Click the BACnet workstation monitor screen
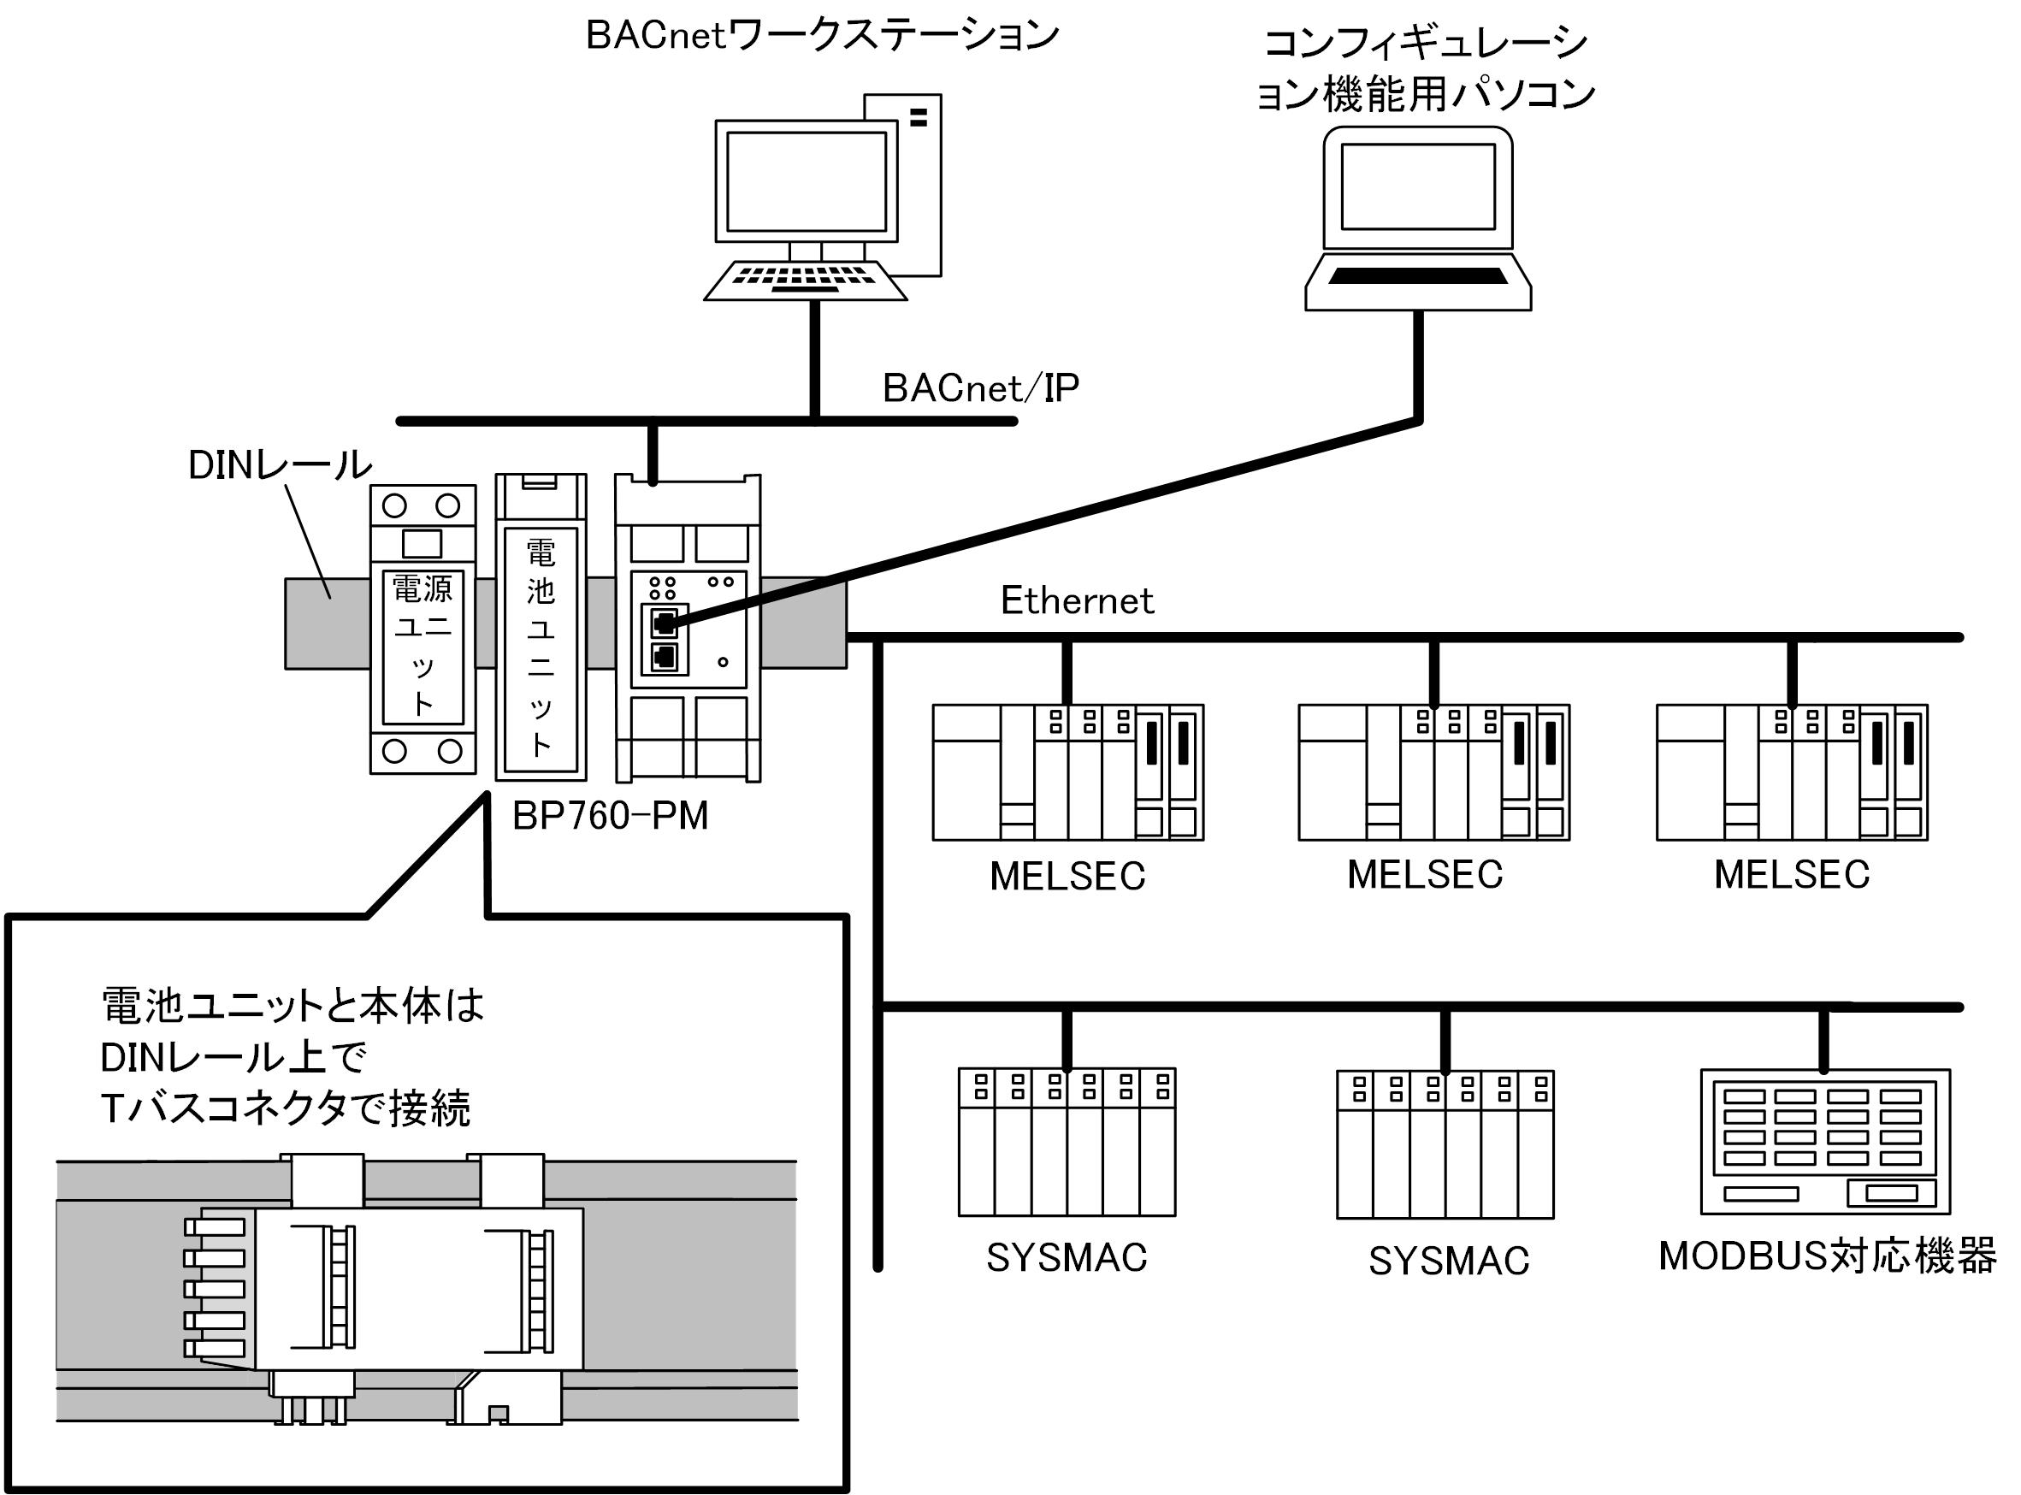806,181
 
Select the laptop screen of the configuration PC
1417,186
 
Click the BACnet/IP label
980,388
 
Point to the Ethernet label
1077,601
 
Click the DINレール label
280,465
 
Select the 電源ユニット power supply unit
423,629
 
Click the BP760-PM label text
610,816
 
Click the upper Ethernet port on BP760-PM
665,623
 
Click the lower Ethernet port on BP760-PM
665,657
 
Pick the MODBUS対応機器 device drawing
1824,1141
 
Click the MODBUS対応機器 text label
1826,1257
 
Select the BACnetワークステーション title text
822,36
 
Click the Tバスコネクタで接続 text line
285,1108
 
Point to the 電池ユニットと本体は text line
292,1006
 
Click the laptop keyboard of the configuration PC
1417,276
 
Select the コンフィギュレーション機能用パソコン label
1426,68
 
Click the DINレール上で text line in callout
233,1057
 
